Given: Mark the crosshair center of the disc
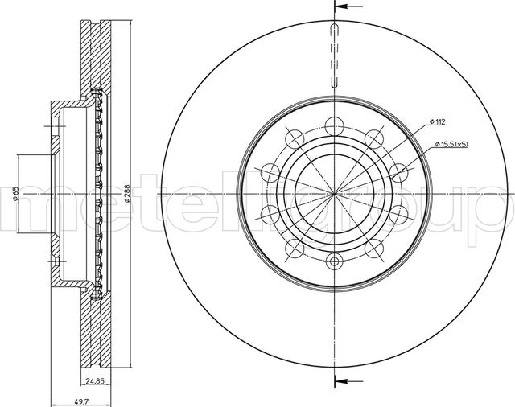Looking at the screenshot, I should click(x=334, y=193).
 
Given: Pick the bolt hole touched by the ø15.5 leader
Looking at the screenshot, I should click(x=398, y=171).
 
